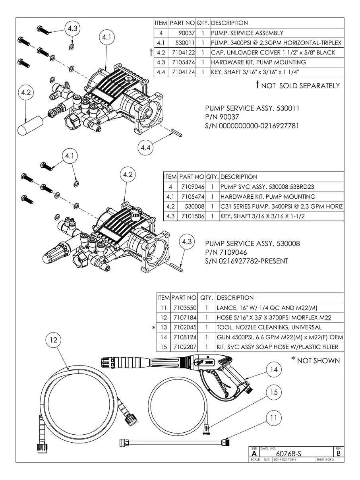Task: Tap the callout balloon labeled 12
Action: pos(54,340)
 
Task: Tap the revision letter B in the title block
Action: pos(338,453)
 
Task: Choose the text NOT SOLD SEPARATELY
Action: pos(301,86)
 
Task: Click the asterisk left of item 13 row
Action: pos(153,328)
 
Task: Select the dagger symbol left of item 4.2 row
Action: pos(151,52)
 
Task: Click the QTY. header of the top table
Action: pos(203,23)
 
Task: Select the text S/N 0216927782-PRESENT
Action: pos(246,261)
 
